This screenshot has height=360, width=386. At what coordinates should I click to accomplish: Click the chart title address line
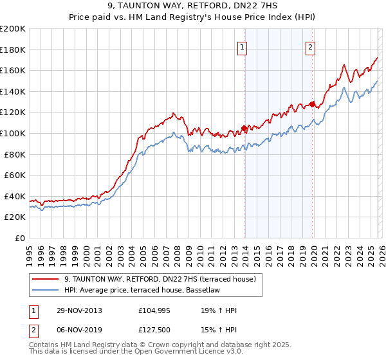click(192, 6)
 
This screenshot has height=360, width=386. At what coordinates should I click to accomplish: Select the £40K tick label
click(15, 196)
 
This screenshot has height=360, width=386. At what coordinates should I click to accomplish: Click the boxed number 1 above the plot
click(243, 47)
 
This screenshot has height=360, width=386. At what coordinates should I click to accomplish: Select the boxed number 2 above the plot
click(310, 47)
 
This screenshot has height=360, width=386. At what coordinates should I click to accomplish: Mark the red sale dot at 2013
click(244, 128)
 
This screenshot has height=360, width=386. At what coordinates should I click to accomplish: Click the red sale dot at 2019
click(311, 104)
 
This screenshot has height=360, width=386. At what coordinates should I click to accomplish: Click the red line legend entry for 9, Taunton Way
click(160, 279)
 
